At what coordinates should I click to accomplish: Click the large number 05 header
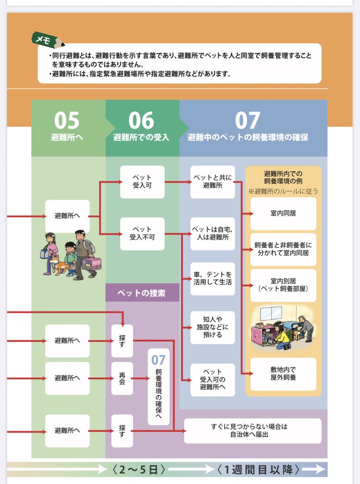[67, 120]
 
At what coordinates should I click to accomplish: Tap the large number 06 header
[141, 120]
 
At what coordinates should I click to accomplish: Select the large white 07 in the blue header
[248, 120]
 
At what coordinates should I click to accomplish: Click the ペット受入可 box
[142, 182]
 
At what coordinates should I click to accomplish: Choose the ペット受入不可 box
[142, 234]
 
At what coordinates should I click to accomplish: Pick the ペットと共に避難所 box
[212, 182]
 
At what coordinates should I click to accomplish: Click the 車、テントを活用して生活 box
[212, 279]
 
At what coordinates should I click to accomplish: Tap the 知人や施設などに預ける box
[212, 327]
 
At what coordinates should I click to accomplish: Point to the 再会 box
[122, 378]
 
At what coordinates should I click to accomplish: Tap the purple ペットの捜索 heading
[142, 293]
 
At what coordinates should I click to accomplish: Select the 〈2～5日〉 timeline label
[138, 470]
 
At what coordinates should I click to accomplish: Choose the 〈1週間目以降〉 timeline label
[258, 470]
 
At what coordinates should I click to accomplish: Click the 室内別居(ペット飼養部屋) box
[283, 286]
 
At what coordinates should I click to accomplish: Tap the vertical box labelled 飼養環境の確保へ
[158, 386]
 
